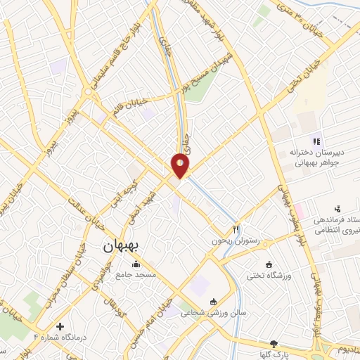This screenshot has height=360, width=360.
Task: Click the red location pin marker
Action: point(181,167)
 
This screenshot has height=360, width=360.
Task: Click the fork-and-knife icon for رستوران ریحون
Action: point(237,229)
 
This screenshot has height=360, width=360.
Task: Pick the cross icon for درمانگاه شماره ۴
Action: point(60,327)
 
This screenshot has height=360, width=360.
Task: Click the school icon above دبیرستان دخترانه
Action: point(316,138)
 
